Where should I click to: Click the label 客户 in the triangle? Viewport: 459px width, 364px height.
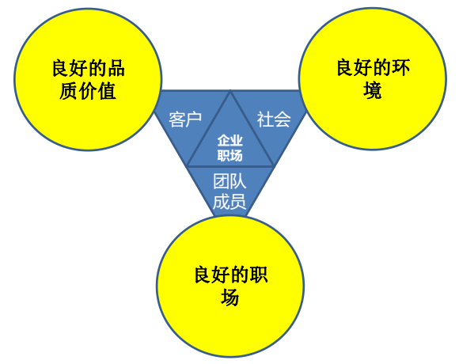point(185,119)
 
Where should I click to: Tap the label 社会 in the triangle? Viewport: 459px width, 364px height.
point(274,119)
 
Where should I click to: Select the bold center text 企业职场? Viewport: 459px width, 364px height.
point(230,148)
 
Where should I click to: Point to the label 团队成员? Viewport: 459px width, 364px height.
point(229,191)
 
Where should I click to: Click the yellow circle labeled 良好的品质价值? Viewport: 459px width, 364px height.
point(88,79)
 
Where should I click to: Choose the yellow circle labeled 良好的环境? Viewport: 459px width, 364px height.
point(373,78)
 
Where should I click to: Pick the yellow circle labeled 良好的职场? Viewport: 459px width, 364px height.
point(230,286)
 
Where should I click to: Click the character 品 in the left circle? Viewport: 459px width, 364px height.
point(116,68)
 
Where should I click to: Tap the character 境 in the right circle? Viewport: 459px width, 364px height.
point(373,90)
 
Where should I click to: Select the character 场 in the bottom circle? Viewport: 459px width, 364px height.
point(230,298)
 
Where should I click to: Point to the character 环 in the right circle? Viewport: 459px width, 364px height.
point(400,67)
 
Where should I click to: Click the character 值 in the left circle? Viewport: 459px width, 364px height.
point(107,91)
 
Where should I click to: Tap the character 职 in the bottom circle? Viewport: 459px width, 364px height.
point(258,275)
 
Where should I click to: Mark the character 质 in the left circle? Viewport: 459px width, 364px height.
point(69,91)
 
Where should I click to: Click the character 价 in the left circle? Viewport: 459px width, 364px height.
point(88,91)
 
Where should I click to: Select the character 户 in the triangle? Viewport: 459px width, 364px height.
point(194,119)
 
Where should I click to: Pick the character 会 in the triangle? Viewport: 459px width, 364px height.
point(283,119)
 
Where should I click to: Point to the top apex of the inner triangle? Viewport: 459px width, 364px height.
point(230,91)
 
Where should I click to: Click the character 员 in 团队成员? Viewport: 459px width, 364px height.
point(237,202)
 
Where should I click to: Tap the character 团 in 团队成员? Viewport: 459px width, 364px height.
point(221,181)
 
